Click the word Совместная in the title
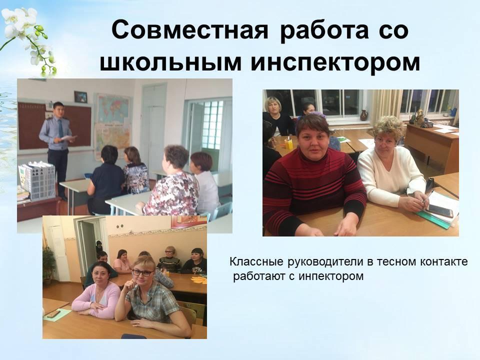pos(190,30)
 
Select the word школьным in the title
pos(170,62)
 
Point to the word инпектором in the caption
pos(331,276)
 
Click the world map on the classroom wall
pos(113,108)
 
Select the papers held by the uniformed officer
pos(68,138)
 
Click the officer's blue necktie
pos(60,128)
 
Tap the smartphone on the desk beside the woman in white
pos(440,210)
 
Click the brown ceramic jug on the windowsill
pos(364,115)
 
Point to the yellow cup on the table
pos(288,143)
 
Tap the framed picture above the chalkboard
pos(81,97)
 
